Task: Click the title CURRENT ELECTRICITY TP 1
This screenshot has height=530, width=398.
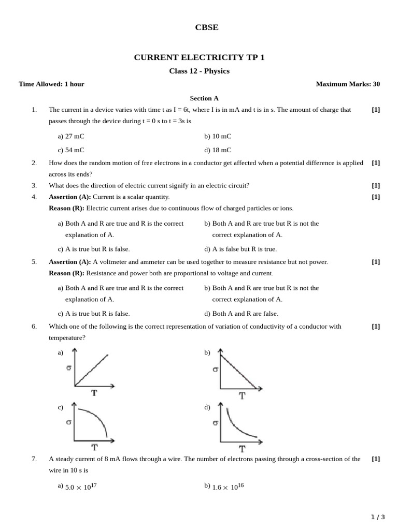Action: [199, 57]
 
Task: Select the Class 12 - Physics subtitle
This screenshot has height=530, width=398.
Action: [199, 71]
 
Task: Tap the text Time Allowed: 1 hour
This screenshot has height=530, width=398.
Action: [51, 84]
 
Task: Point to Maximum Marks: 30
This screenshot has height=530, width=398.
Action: [348, 84]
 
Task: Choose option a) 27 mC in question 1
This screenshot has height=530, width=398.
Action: [71, 136]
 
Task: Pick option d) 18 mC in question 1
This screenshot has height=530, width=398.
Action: [218, 150]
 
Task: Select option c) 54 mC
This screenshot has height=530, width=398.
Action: [71, 150]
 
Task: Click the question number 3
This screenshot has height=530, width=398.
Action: [34, 185]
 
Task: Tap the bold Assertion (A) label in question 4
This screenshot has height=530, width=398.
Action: [69, 197]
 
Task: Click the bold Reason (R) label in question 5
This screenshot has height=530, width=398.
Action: [66, 273]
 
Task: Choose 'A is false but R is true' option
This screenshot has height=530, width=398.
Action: [240, 249]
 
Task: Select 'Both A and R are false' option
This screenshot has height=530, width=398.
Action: [241, 313]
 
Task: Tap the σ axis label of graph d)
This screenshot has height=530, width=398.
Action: [215, 423]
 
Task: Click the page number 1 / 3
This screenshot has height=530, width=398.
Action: [378, 517]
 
